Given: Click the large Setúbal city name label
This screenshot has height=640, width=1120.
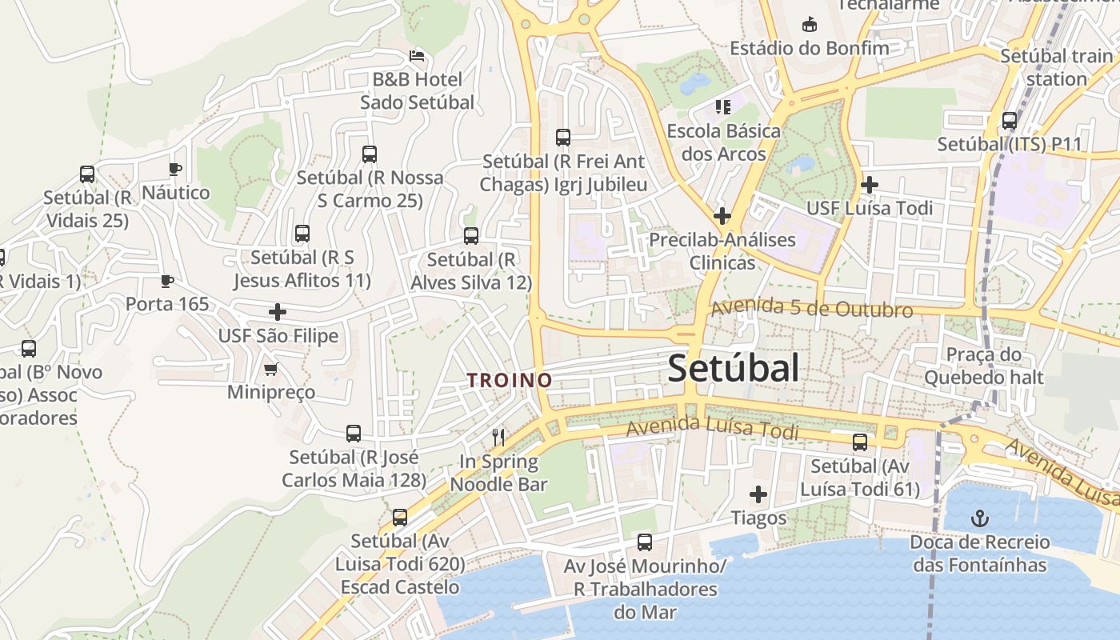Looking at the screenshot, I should (x=733, y=369).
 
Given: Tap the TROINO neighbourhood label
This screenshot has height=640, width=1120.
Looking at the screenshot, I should (x=510, y=380).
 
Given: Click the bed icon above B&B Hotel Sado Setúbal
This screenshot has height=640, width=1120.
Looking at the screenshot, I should (x=417, y=56).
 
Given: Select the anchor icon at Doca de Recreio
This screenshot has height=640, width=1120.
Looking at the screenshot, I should (x=979, y=519).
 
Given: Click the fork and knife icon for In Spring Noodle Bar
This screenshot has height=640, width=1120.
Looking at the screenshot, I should (x=498, y=437).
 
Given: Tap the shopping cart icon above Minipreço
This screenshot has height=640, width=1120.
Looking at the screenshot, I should (x=270, y=369).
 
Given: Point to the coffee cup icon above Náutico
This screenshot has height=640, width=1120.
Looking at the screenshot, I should (x=175, y=169).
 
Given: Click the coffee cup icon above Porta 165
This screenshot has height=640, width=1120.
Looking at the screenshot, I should (x=166, y=281).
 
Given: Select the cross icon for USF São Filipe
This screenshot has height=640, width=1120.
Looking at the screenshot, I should (x=278, y=312).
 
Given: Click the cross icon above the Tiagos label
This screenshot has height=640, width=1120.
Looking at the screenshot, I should (x=758, y=494).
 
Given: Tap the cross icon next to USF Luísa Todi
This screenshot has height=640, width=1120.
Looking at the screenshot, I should (x=870, y=185).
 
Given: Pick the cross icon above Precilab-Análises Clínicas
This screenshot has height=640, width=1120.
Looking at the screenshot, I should (x=722, y=215).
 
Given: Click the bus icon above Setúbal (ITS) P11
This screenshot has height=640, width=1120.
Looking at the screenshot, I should (x=1010, y=121).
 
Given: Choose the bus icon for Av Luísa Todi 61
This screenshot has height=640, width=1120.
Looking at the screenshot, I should (x=860, y=442).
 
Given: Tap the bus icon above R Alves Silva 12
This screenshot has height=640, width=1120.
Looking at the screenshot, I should (x=471, y=236).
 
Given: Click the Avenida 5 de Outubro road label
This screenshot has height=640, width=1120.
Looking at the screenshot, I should (x=811, y=309).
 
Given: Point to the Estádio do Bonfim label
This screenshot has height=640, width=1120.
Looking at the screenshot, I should (x=810, y=48).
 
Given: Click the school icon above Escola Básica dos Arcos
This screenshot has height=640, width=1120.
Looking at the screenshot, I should (x=723, y=106).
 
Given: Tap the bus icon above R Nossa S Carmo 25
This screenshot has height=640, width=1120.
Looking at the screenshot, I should (x=370, y=154).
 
